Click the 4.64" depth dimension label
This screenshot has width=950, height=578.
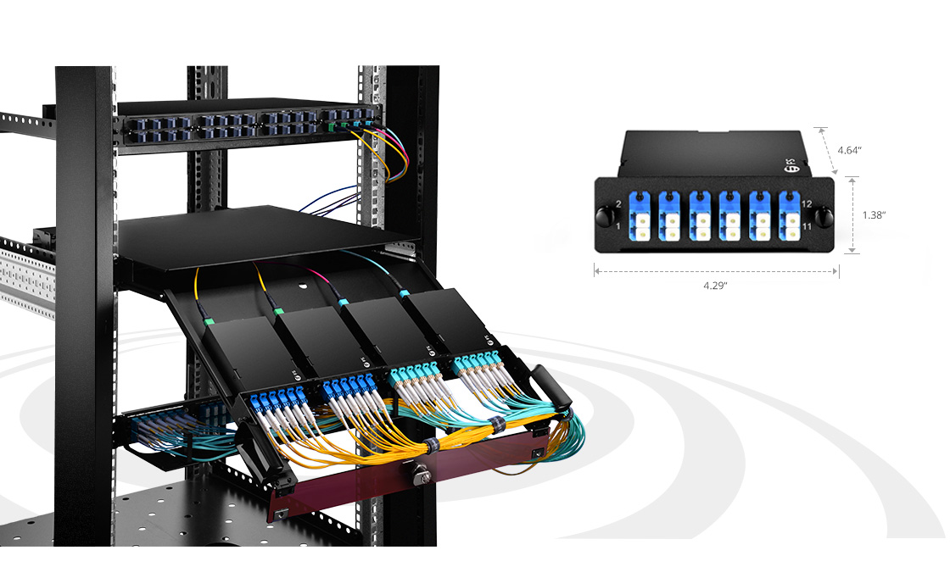click(x=849, y=150)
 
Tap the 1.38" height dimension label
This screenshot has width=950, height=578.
click(x=874, y=215)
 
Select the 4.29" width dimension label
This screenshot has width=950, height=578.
click(x=715, y=286)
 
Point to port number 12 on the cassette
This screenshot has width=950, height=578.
click(x=807, y=204)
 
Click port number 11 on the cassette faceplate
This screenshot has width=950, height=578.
click(x=807, y=226)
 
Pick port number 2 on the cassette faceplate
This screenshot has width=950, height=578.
click(x=618, y=204)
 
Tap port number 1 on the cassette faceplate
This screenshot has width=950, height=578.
click(x=618, y=226)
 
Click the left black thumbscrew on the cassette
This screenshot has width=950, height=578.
click(x=604, y=216)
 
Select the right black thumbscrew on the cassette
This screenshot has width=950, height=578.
click(x=822, y=216)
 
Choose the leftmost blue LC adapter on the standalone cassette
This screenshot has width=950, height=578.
click(x=640, y=216)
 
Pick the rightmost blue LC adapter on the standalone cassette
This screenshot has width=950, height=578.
click(x=790, y=216)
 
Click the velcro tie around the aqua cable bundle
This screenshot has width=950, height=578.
click(x=497, y=425)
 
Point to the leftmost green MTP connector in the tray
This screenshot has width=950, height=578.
click(x=209, y=321)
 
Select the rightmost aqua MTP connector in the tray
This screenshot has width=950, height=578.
click(x=404, y=293)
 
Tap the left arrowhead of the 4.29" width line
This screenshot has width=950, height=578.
click(x=597, y=272)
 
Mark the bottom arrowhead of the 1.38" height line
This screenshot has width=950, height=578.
click(x=852, y=250)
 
